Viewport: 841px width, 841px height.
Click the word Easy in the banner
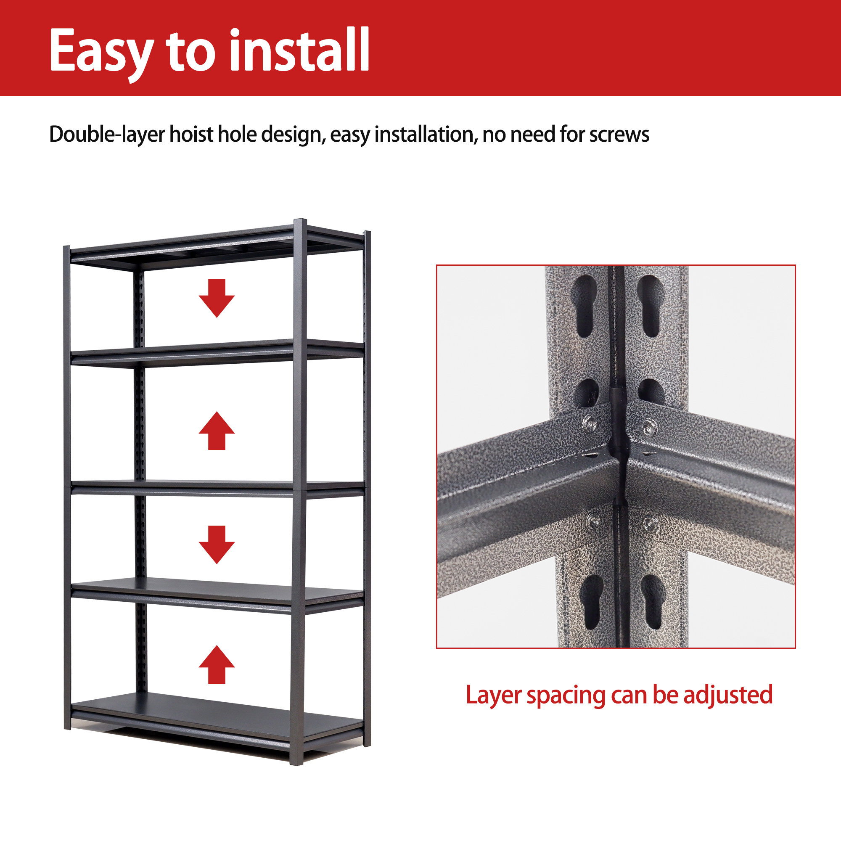(101, 51)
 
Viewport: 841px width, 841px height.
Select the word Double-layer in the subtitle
(107, 134)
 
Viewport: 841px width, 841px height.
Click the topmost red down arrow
(217, 298)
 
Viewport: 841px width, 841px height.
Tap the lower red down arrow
(217, 544)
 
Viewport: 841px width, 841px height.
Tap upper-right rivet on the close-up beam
(648, 426)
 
